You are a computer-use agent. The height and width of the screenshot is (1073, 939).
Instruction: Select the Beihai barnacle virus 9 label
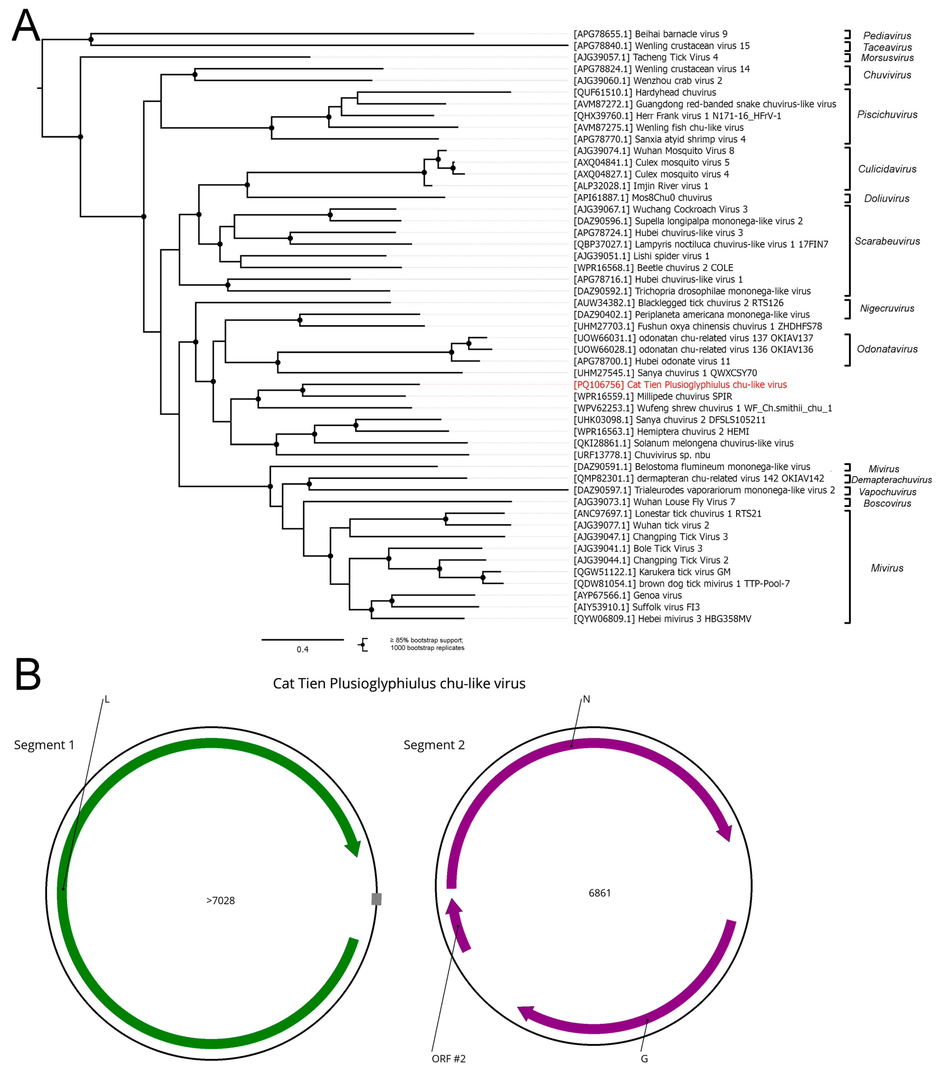[x=650, y=34]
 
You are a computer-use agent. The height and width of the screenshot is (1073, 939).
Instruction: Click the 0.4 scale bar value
[x=302, y=650]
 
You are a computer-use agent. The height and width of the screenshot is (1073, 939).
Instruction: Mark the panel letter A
[x=26, y=26]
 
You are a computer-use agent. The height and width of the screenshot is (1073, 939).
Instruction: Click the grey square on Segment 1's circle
[x=376, y=899]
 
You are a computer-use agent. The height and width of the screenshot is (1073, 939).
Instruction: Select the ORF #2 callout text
[x=449, y=1058]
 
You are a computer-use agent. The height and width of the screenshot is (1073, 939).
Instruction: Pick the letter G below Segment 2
[x=644, y=1058]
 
